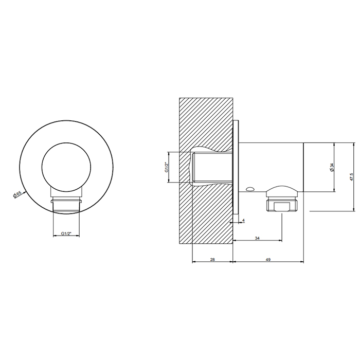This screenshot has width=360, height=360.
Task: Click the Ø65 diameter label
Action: click(x=17, y=194)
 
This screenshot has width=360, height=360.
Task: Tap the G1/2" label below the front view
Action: click(x=66, y=233)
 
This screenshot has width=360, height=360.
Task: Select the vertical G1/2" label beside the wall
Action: click(x=167, y=167)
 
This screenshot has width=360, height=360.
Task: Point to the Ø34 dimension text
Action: click(x=331, y=168)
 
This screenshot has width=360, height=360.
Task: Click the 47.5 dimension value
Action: click(x=351, y=176)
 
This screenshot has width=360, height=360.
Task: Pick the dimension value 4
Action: click(x=243, y=221)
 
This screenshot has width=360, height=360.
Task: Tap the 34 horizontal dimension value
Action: click(x=257, y=238)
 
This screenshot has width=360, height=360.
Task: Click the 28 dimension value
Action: click(x=212, y=260)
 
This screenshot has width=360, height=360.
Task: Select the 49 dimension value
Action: click(x=268, y=260)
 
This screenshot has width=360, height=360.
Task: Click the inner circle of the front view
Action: click(x=66, y=167)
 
